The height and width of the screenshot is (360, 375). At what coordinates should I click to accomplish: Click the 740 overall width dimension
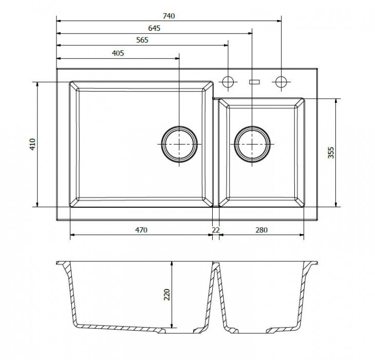(x=169, y=16)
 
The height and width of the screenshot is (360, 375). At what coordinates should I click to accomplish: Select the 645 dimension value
(x=154, y=28)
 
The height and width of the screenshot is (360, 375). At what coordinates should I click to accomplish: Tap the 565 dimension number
(x=142, y=40)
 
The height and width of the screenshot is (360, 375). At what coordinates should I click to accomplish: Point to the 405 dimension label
(x=118, y=53)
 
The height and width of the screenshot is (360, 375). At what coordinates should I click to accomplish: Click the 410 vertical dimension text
(x=32, y=144)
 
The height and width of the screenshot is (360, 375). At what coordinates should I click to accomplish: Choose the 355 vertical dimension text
(x=331, y=153)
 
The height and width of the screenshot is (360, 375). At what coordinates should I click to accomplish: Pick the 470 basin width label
(x=141, y=230)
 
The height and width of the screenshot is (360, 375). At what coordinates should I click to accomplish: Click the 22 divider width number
(x=216, y=230)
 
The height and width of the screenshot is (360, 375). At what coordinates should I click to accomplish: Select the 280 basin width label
(x=261, y=230)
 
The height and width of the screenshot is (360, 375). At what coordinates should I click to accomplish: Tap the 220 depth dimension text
(x=166, y=295)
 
